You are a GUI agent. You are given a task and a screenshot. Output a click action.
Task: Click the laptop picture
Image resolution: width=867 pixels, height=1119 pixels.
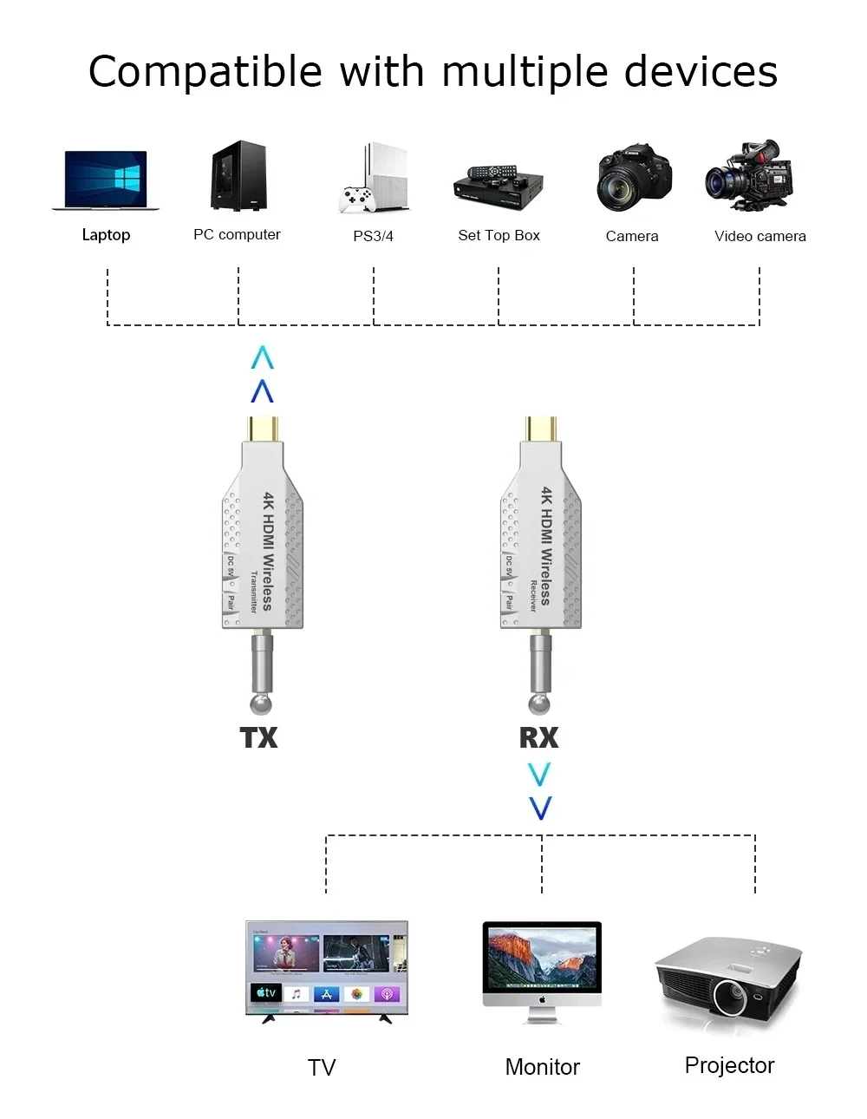tap(106, 180)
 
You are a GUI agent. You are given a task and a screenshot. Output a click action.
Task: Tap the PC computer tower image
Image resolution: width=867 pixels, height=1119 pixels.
tap(238, 176)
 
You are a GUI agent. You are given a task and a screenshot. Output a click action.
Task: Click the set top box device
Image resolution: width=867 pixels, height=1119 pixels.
tap(499, 185)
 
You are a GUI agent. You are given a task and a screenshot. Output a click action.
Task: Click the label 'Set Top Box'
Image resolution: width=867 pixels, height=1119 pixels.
tap(499, 235)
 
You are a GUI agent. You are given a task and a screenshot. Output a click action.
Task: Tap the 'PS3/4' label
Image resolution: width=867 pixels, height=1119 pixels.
tap(373, 236)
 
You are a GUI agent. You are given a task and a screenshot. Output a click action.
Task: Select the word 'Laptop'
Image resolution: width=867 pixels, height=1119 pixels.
tap(106, 234)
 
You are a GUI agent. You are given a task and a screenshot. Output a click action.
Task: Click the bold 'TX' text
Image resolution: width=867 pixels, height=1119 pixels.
tap(258, 737)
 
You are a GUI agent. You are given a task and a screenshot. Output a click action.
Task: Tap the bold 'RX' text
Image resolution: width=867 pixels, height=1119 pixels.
tap(538, 737)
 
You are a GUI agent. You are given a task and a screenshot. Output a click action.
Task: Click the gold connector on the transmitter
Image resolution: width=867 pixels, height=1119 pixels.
tap(263, 429)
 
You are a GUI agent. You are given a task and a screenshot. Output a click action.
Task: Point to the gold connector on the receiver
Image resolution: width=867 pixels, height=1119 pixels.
tap(541, 429)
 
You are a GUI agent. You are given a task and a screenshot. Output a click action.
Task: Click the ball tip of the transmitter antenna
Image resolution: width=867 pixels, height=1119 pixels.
tap(261, 703)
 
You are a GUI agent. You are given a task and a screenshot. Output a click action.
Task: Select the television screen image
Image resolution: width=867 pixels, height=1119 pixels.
tap(326, 967)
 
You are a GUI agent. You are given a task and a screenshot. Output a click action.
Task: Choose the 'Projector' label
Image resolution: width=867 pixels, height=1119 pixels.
tap(729, 1065)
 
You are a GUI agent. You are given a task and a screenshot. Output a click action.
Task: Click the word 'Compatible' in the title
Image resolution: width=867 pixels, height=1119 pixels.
tap(205, 71)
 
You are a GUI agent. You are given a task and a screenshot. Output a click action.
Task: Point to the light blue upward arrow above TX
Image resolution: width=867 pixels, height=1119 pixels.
tap(262, 357)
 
